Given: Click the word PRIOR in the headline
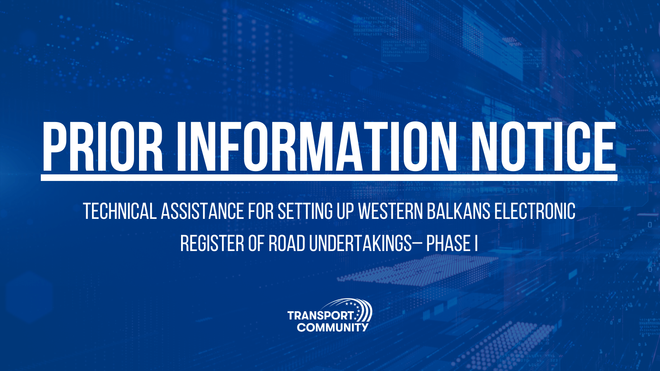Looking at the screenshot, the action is point(103,146).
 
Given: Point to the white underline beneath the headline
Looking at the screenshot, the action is point(329,178).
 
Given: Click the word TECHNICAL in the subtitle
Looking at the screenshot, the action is point(120,211).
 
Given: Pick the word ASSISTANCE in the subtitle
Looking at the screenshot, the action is point(202,211).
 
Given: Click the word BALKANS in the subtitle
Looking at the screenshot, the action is point(458,211).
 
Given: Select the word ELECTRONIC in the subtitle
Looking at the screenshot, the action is point(535,211).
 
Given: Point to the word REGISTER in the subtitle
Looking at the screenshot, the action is point(212,243).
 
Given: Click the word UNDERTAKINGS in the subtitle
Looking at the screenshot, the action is point(360,243).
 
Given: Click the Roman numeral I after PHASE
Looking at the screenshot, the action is point(476,243).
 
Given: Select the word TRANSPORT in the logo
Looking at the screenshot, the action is point(320,316).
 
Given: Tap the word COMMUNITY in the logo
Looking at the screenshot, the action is point(332,327).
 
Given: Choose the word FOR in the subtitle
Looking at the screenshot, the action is point(261,211).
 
